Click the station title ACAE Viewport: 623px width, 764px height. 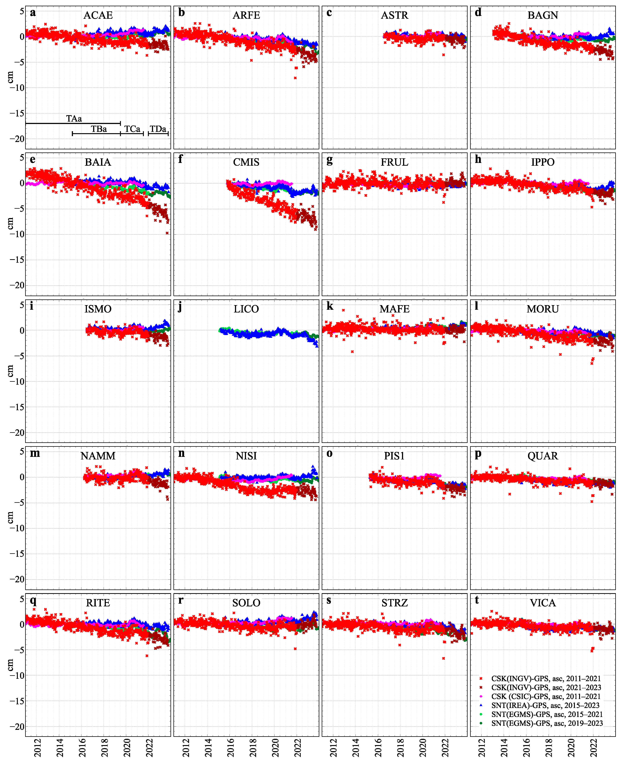tap(98, 15)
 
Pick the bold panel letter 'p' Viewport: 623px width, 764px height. tap(478, 454)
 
